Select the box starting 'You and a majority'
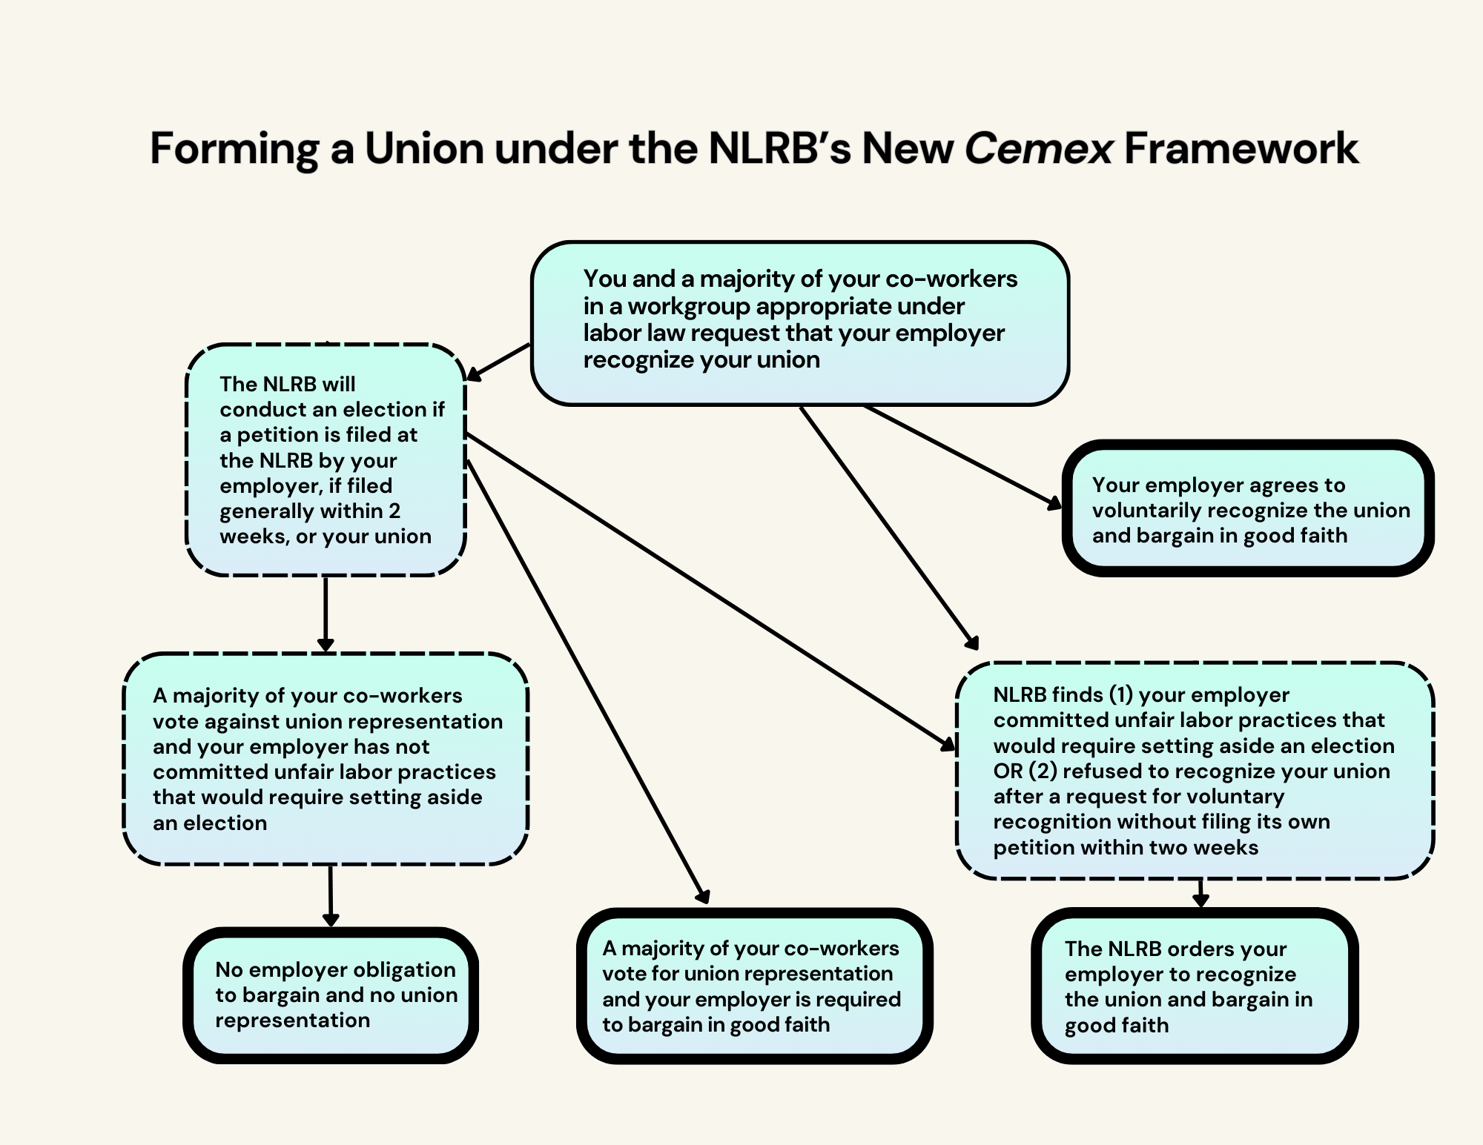800,323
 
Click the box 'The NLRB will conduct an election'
326,459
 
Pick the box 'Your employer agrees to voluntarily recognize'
1248,508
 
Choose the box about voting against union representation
326,759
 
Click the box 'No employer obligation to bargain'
331,995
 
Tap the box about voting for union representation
755,986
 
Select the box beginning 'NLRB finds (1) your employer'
1195,771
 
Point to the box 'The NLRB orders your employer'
1195,986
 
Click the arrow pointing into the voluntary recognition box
963,457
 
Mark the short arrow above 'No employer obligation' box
331,896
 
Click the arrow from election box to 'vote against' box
326,614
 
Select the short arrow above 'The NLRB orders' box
1200,894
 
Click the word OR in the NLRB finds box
1008,771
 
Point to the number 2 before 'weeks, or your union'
394,511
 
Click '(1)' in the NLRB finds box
1120,694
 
